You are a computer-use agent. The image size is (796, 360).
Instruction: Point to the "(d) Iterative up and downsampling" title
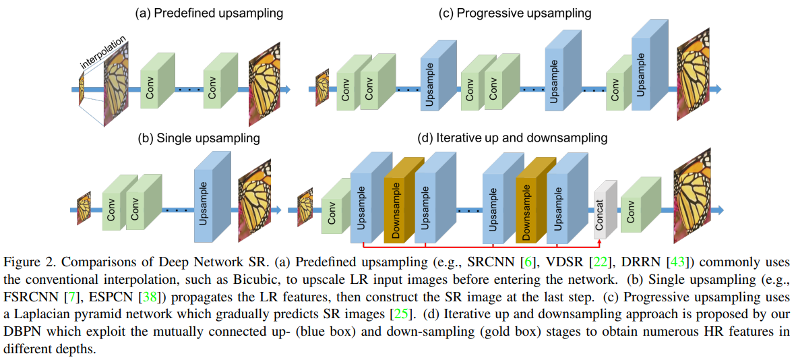pyautogui.click(x=512, y=138)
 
